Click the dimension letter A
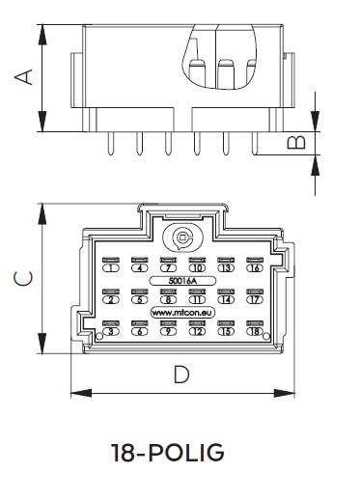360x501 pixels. click(x=28, y=76)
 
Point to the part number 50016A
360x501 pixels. click(x=181, y=281)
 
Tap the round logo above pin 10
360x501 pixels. click(x=182, y=237)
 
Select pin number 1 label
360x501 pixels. click(x=112, y=267)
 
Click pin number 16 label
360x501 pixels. click(x=255, y=267)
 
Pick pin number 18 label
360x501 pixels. click(x=255, y=332)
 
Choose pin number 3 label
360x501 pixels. click(x=112, y=332)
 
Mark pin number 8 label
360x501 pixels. click(x=168, y=299)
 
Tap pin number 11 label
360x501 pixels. click(x=197, y=299)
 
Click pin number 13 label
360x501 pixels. click(x=226, y=267)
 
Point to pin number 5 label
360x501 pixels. click(x=140, y=299)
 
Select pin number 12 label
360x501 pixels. click(x=197, y=332)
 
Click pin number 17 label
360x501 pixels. click(x=255, y=299)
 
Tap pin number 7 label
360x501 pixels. click(x=168, y=267)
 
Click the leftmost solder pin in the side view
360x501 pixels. click(x=112, y=145)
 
